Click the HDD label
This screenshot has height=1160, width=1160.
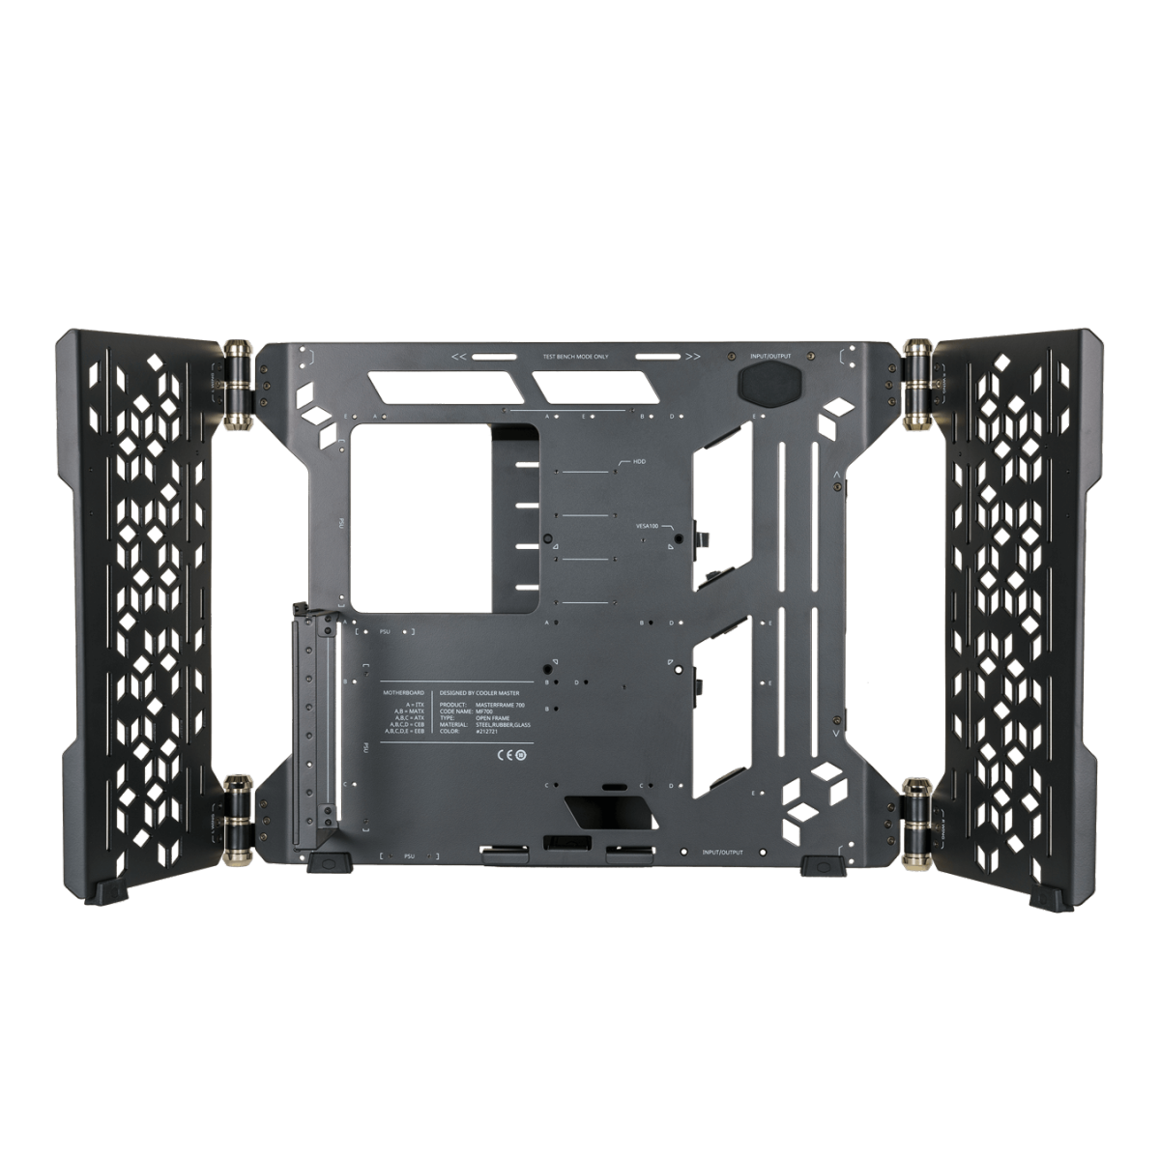pyautogui.click(x=639, y=462)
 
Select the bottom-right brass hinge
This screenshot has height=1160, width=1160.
pyautogui.click(x=915, y=810)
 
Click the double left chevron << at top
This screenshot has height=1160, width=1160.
pyautogui.click(x=459, y=357)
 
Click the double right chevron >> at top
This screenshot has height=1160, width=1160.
pyautogui.click(x=692, y=357)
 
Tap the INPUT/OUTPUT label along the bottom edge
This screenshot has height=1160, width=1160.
pyautogui.click(x=723, y=853)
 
